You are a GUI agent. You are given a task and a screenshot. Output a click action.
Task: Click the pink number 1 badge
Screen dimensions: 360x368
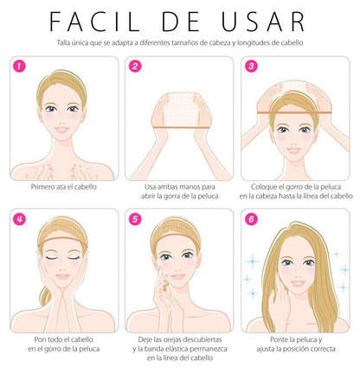point(19,67)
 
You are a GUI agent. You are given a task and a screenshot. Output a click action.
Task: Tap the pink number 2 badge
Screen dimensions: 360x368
point(135,67)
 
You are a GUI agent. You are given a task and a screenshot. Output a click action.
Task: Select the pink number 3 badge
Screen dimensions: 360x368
point(251,67)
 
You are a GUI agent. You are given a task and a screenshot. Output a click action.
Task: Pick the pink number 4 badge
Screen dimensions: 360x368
point(19,219)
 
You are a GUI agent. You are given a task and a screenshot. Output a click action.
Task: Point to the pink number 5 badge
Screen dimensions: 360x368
point(135,219)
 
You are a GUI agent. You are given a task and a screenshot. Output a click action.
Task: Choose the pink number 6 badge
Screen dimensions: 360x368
point(251,219)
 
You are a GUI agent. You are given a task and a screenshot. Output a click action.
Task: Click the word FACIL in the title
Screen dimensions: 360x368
point(94,22)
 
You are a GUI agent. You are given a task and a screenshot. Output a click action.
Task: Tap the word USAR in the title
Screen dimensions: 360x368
point(263,22)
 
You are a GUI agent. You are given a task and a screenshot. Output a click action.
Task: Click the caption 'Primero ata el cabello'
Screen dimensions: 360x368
point(64,187)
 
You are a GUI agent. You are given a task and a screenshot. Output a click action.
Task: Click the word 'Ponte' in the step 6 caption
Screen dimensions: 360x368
point(279,339)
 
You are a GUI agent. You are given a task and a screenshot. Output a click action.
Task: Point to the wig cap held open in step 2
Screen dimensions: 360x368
point(181,110)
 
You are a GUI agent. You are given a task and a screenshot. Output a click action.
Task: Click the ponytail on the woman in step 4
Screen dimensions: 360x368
point(46,296)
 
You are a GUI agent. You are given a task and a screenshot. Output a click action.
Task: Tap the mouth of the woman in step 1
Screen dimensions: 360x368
point(62,130)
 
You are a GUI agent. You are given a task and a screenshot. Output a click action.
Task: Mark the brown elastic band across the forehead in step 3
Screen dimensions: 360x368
point(294,113)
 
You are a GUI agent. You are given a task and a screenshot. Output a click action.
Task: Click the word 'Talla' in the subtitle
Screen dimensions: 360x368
point(63,42)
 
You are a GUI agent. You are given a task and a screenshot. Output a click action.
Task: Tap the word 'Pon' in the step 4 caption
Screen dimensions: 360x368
point(40,339)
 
